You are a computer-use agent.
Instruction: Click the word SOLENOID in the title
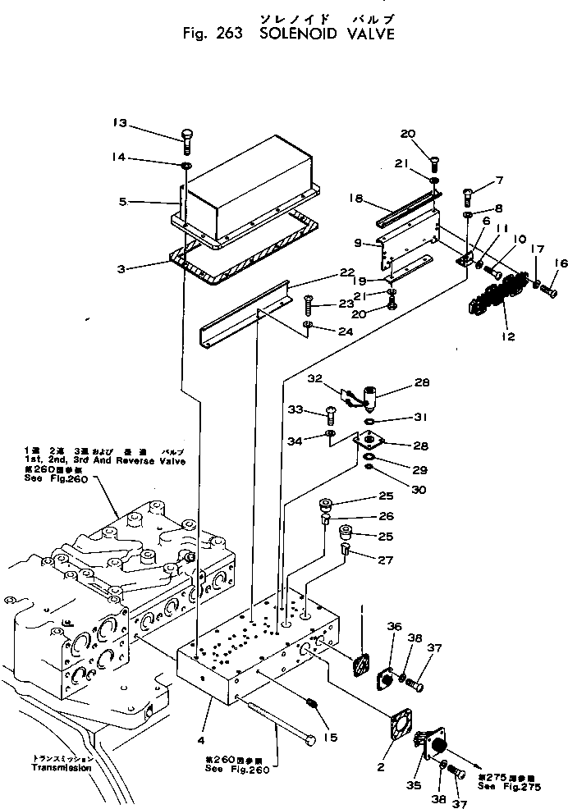pos(299,34)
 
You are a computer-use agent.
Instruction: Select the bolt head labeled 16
pos(550,290)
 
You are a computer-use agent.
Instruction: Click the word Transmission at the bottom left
pos(61,768)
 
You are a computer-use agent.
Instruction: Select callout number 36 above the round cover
pos(394,627)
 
